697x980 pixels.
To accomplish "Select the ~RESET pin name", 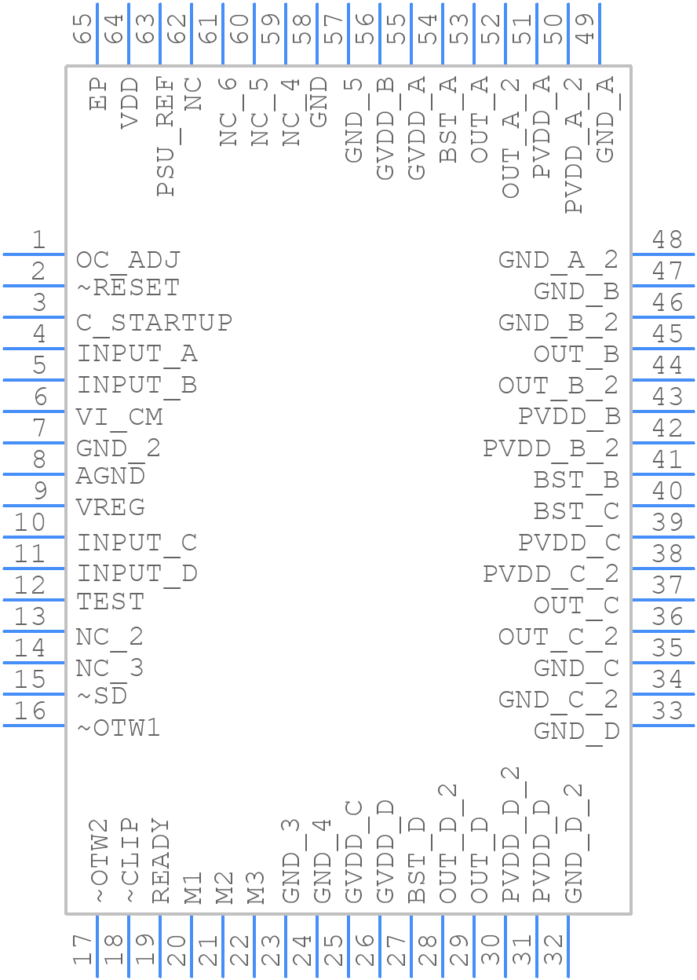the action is click(x=128, y=287).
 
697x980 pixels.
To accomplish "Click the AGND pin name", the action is click(x=110, y=476).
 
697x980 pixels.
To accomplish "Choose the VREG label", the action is click(x=110, y=507).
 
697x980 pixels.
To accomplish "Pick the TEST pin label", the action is click(x=110, y=602).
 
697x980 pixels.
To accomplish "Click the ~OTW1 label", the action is click(x=119, y=728).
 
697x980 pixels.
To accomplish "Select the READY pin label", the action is click(x=160, y=860).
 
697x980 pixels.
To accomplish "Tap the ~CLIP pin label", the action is click(x=130, y=860).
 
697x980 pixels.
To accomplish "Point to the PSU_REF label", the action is click(x=166, y=136).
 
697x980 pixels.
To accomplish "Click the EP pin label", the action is click(x=98, y=93).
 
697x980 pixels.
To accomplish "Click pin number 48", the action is click(x=666, y=240).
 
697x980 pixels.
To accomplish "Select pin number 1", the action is click(x=39, y=240).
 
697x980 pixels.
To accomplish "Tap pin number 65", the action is click(x=82, y=29).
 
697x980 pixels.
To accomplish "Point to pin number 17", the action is click(x=82, y=949).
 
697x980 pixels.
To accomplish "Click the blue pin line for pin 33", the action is click(x=663, y=726).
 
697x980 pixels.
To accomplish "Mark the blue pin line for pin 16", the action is click(x=34, y=726).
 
